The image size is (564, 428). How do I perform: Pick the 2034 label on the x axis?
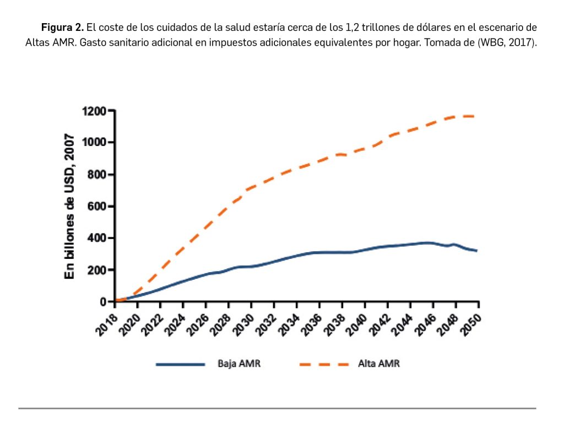coord(290,320)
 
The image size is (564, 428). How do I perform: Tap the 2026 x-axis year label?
coord(199,320)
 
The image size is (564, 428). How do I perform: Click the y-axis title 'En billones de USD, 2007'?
coord(70,207)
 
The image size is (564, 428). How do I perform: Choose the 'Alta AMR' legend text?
coord(378,364)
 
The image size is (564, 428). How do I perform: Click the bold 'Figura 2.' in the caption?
coord(62,27)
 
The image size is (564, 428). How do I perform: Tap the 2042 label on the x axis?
coord(380,320)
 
